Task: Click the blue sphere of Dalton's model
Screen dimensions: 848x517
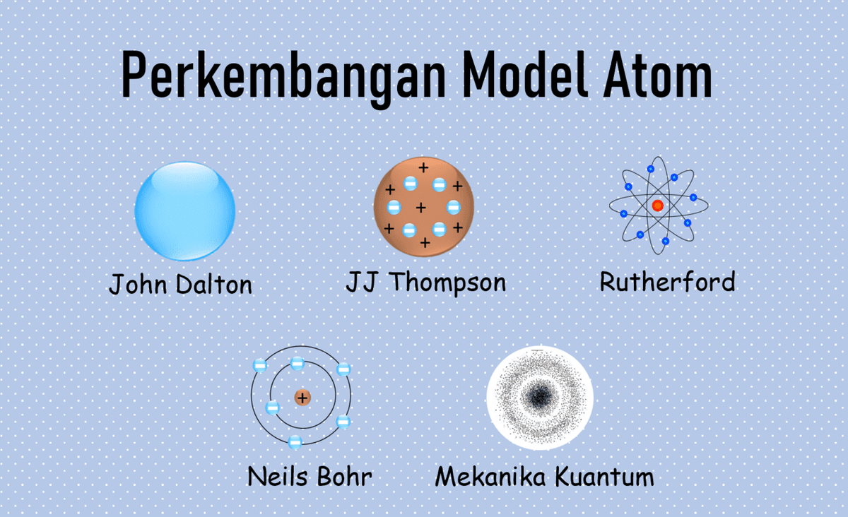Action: coord(184,210)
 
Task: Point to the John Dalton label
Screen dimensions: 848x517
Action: coord(181,284)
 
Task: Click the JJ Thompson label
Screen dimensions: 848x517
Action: coord(426,283)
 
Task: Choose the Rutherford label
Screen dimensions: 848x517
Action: coord(667,281)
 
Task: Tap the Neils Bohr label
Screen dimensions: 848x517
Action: coord(310,476)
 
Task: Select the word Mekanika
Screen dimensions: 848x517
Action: coord(490,476)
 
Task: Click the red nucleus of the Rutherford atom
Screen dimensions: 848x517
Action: coord(658,206)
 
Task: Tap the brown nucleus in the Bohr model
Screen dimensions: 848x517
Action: coord(302,398)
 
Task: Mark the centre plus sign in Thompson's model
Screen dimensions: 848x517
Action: coord(421,208)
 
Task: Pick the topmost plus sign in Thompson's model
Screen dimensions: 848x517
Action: coord(423,167)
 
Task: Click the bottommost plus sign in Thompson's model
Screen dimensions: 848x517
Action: coord(425,242)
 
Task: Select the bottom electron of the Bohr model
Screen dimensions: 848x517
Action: coord(295,441)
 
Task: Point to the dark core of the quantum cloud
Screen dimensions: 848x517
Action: coord(539,398)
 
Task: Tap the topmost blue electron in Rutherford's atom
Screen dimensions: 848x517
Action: coord(651,169)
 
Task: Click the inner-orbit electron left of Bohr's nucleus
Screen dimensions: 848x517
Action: coord(273,408)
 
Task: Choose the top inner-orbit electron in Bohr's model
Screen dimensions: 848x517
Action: coord(298,364)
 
